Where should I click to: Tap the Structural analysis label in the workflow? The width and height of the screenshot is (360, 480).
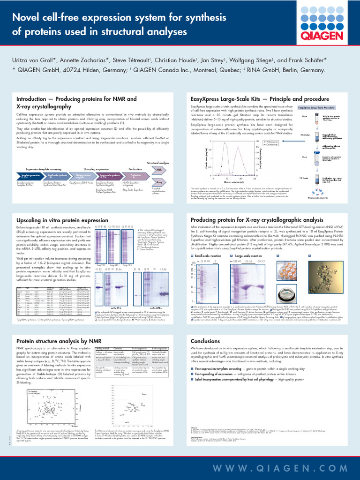click(x=158, y=163)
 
